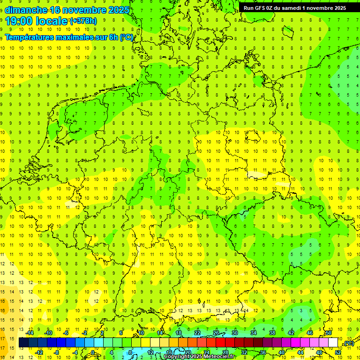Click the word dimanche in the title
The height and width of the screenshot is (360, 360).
pos(26,9)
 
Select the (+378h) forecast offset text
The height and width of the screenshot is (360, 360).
pos(83,21)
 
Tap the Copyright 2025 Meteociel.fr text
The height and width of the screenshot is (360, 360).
pos(200,357)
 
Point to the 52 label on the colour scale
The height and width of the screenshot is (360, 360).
pos(337,352)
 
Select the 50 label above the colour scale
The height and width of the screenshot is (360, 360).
pos(328,333)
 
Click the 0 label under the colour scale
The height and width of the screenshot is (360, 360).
pos(93,352)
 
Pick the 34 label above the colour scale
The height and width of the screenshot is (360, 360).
pos(254,333)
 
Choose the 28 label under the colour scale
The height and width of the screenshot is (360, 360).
pos(225,352)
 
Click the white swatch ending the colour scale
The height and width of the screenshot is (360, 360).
pos(333,342)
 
